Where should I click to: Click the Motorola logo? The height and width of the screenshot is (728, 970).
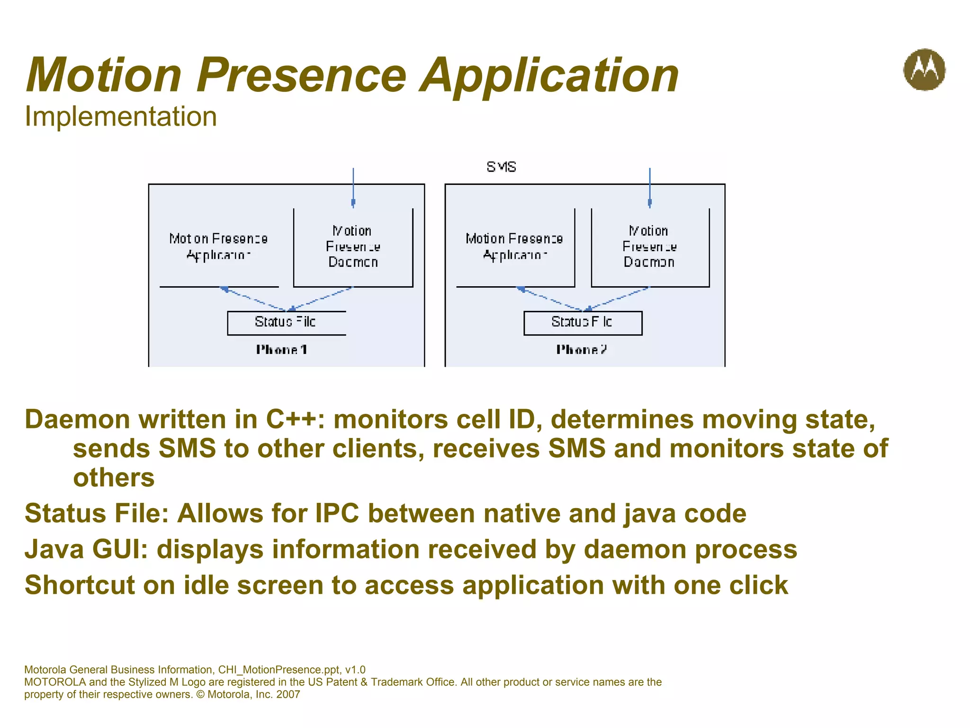click(x=924, y=70)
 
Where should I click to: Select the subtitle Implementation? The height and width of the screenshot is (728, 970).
click(x=121, y=117)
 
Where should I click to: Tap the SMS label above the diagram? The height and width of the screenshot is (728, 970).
click(x=501, y=167)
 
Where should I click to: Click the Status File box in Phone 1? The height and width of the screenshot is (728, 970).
click(x=286, y=323)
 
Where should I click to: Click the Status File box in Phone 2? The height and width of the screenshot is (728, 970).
click(x=583, y=323)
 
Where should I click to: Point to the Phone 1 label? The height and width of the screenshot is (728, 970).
click(x=282, y=350)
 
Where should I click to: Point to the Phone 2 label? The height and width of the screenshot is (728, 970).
click(x=581, y=350)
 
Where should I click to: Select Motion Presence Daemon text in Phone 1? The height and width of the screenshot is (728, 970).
click(x=353, y=246)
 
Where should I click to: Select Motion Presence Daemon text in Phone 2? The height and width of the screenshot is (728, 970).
click(x=649, y=246)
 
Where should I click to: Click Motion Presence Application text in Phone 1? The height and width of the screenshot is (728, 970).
click(x=218, y=246)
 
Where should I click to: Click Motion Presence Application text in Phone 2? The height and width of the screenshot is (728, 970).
click(x=514, y=246)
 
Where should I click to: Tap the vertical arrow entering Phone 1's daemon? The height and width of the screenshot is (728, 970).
click(x=353, y=187)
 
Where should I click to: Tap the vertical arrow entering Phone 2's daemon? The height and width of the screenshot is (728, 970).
click(x=649, y=187)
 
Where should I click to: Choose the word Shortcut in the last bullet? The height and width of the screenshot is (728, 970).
click(x=80, y=585)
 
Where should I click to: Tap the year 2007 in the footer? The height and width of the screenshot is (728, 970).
click(x=288, y=694)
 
